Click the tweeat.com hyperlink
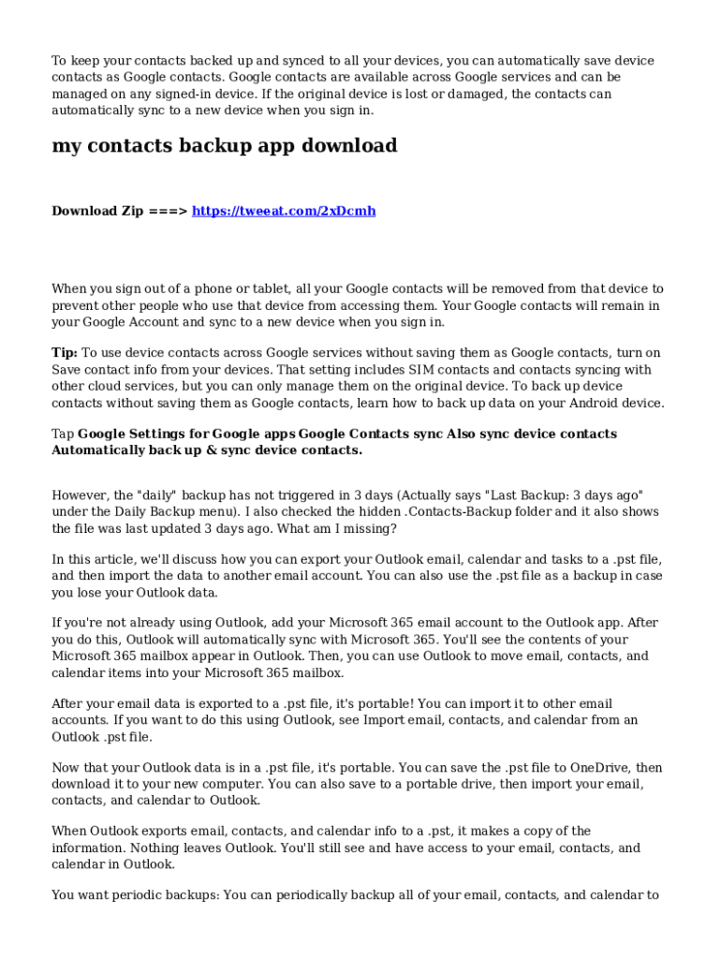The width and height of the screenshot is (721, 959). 284,211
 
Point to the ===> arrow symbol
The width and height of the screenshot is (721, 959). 169,211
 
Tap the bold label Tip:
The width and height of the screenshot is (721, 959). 65,353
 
